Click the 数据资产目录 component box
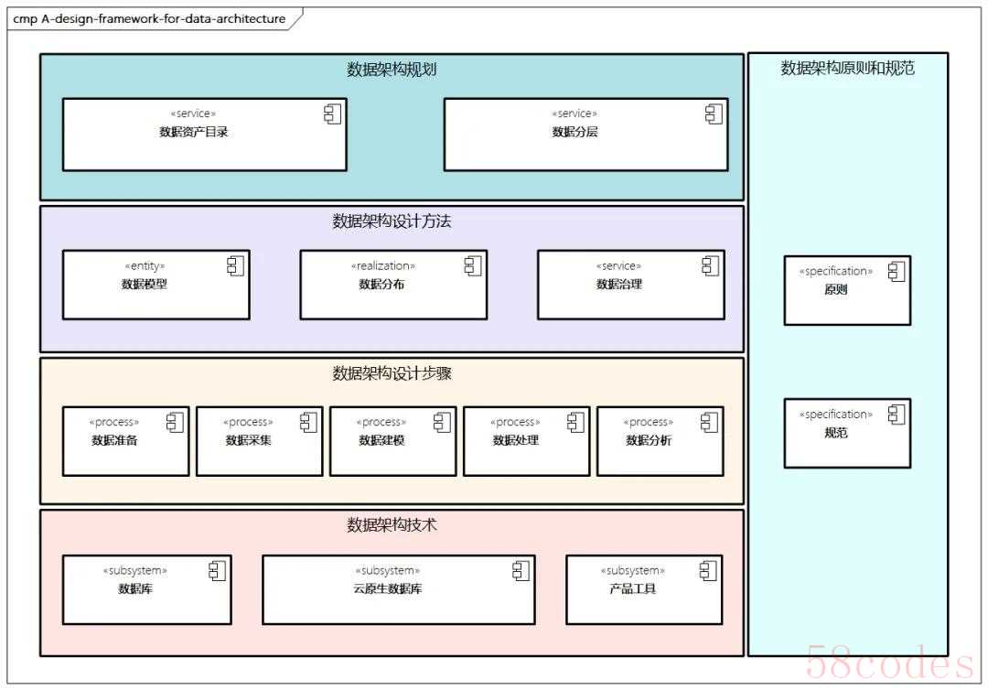204,135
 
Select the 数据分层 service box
585,135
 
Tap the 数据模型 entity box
156,285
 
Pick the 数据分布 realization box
393,285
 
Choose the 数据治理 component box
630,285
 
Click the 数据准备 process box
125,441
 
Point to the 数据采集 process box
259,441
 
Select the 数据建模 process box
392,441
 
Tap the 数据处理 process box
526,441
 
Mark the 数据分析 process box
660,441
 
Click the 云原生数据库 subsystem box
398,589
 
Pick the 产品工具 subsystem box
643,589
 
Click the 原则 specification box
846,290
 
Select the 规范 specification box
846,433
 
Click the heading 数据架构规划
391,70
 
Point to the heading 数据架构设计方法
391,221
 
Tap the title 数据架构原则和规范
847,68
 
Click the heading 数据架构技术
391,525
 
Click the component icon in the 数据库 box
217,571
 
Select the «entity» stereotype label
145,266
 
